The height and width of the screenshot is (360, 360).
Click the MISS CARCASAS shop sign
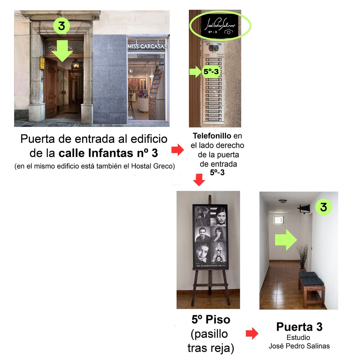click(147, 47)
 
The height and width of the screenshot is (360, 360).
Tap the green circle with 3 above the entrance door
click(62, 26)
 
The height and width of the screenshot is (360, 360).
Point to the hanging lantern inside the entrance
click(75, 64)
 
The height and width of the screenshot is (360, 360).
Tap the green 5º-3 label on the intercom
click(211, 72)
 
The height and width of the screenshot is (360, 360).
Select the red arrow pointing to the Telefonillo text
click(178, 150)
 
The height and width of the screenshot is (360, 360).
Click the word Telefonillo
click(212, 136)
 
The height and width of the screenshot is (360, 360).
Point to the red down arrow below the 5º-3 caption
click(199, 180)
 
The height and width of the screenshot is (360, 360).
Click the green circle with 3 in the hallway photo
click(323, 207)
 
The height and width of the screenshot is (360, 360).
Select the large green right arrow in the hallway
click(286, 240)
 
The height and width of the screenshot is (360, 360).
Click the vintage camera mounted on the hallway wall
click(304, 209)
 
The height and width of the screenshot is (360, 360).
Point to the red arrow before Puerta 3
click(252, 333)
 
